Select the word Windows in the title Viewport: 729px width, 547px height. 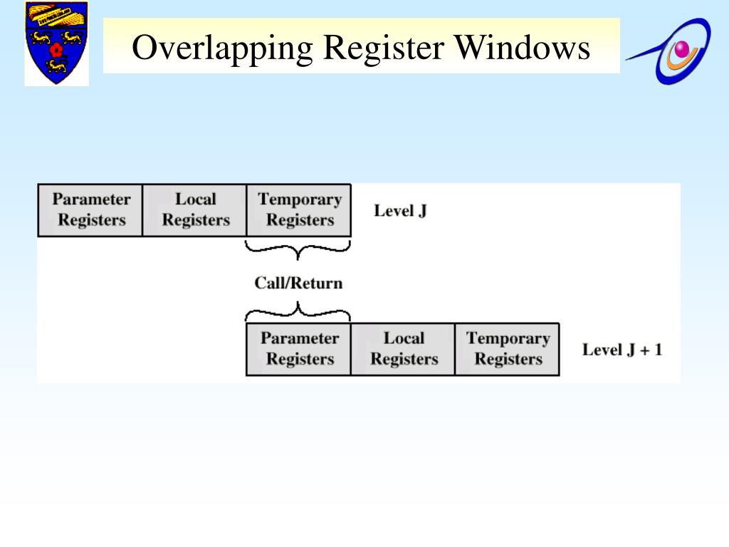click(x=523, y=48)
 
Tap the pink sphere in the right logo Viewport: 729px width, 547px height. click(x=683, y=49)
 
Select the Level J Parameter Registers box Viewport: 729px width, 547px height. click(x=90, y=210)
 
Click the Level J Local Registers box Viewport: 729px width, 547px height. click(x=195, y=210)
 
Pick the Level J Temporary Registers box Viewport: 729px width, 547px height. click(x=299, y=210)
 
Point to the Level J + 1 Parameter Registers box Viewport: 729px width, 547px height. click(x=299, y=349)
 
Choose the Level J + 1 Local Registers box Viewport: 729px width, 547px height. click(x=403, y=349)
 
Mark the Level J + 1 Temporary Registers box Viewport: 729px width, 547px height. click(x=508, y=349)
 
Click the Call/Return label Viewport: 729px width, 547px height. click(x=298, y=283)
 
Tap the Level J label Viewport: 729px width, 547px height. click(x=400, y=211)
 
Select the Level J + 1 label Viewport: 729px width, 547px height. click(x=622, y=350)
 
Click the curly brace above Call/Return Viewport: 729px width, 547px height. click(x=298, y=250)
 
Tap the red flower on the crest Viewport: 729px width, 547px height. click(x=56, y=50)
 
